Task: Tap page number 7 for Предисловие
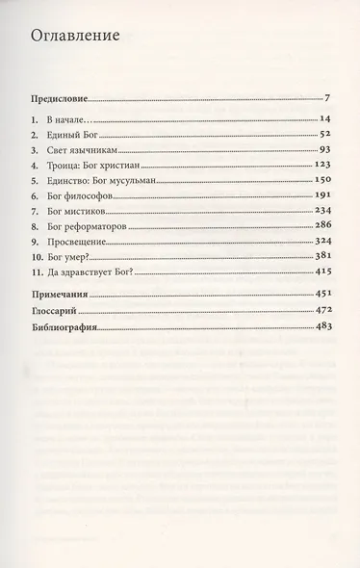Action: (x=328, y=98)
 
